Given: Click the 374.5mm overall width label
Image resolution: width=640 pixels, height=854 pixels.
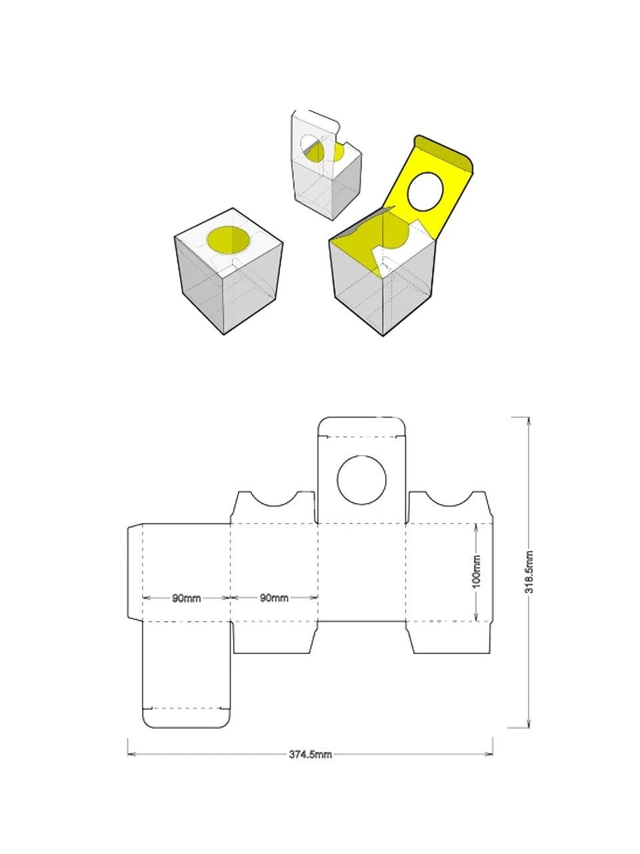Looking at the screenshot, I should point(310,755).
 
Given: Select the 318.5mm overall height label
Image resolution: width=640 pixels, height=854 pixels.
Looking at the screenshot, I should point(528,572).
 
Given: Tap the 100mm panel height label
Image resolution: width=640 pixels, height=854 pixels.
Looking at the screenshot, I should point(475,572).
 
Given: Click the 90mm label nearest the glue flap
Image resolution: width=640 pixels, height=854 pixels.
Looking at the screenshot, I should point(186,598).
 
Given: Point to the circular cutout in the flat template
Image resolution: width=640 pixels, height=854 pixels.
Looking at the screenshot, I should point(361,480).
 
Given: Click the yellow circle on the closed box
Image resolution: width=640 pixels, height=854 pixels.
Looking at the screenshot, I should point(228,240).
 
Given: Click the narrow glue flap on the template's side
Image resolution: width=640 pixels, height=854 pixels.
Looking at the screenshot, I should point(135,572).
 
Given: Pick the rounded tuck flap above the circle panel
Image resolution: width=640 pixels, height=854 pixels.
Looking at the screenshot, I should point(361,427).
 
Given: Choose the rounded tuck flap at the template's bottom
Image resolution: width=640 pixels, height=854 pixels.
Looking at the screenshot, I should point(187,717).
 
